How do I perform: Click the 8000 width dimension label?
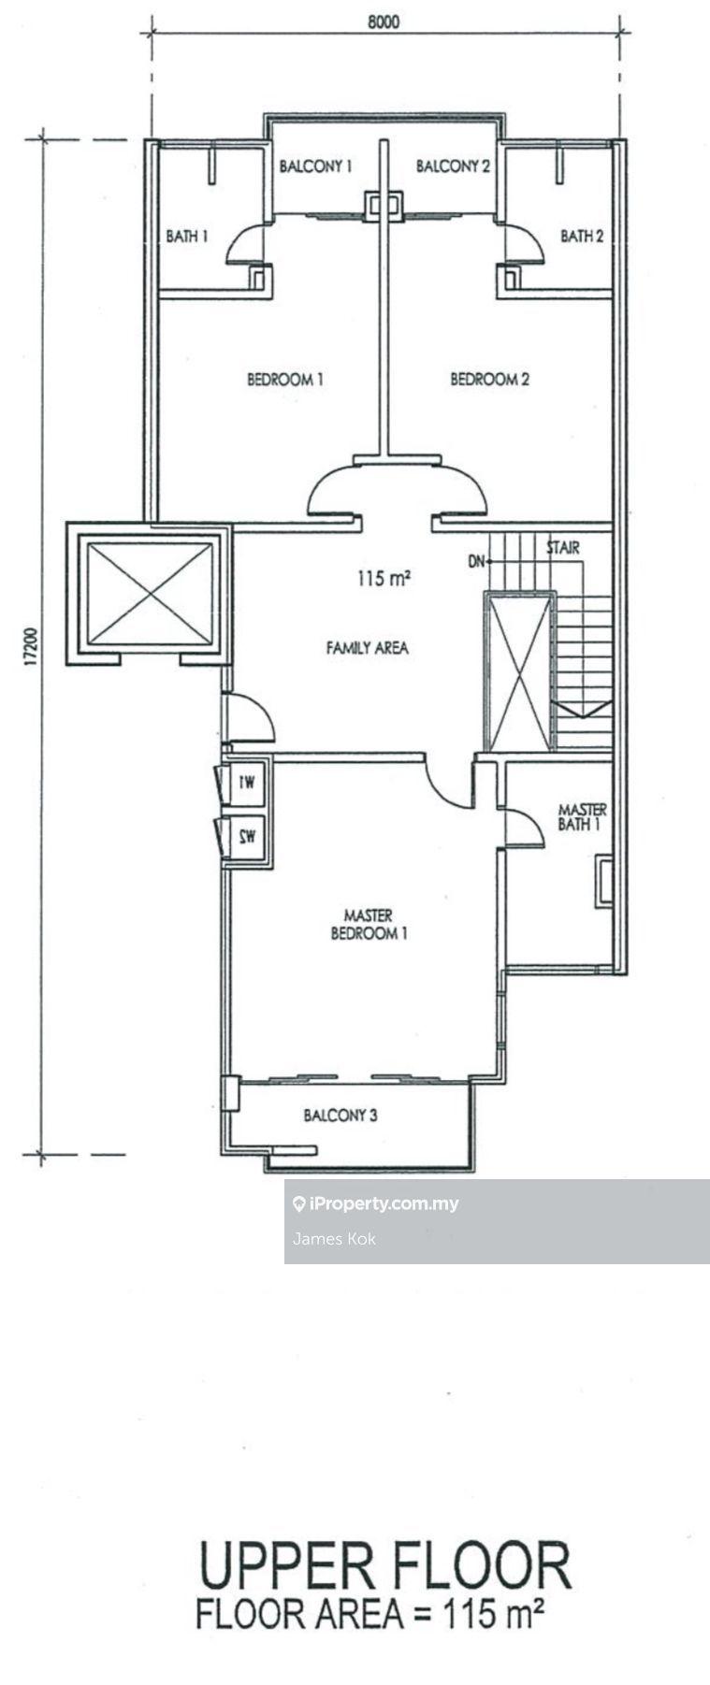pyautogui.click(x=383, y=22)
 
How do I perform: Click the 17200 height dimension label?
pyautogui.click(x=31, y=646)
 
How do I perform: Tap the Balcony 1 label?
pyautogui.click(x=315, y=166)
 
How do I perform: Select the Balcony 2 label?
pyautogui.click(x=453, y=166)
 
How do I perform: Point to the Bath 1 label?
pyautogui.click(x=186, y=236)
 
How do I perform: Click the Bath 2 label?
pyautogui.click(x=582, y=236)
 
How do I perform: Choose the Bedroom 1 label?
pyautogui.click(x=285, y=380)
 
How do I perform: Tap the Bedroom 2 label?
pyautogui.click(x=489, y=380)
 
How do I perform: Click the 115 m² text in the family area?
pyautogui.click(x=384, y=579)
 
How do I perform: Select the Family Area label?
pyautogui.click(x=367, y=647)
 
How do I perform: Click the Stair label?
pyautogui.click(x=562, y=548)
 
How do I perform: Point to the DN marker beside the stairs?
pyautogui.click(x=477, y=561)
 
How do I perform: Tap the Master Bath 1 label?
pyautogui.click(x=581, y=816)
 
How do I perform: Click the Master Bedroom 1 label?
pyautogui.click(x=369, y=924)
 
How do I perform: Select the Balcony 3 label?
pyautogui.click(x=341, y=1115)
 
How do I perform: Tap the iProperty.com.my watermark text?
pyautogui.click(x=384, y=1203)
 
